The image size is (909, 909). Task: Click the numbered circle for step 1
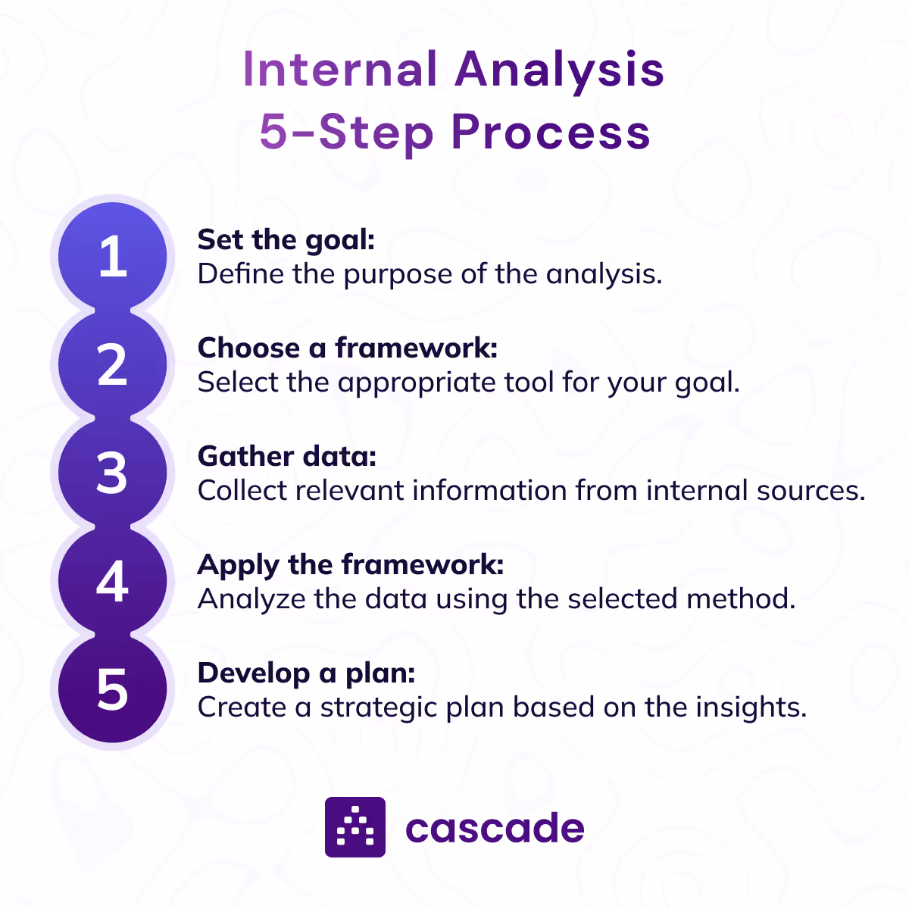click(112, 256)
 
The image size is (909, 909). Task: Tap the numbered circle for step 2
click(112, 364)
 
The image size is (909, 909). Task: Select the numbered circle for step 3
click(112, 473)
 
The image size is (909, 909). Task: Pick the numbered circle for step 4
click(112, 581)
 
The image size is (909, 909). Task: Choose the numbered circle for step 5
click(112, 689)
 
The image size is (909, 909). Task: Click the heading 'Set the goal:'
click(286, 240)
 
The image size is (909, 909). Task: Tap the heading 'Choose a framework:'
click(348, 348)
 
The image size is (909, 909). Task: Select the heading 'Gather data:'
click(287, 457)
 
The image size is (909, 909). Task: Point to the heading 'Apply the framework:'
click(351, 565)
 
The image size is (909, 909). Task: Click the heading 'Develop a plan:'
click(307, 673)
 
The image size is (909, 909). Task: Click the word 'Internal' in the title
click(340, 70)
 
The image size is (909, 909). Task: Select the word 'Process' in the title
click(551, 133)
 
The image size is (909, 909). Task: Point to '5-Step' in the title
click(346, 133)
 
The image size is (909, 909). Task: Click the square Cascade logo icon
click(355, 827)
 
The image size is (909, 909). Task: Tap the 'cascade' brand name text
click(495, 828)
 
